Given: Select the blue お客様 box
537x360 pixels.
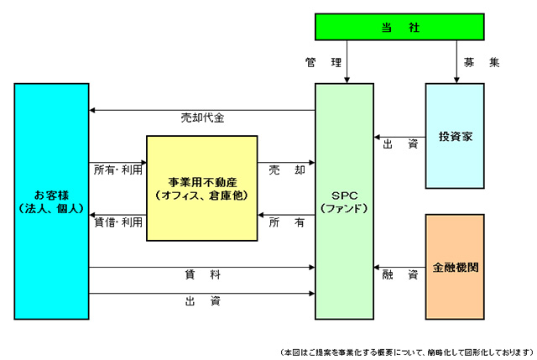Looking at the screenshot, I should pyautogui.click(x=51, y=201).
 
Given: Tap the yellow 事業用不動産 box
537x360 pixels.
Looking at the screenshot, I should pyautogui.click(x=201, y=188).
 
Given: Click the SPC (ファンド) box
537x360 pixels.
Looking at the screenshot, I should pyautogui.click(x=344, y=201).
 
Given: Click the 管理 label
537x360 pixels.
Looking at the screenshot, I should pyautogui.click(x=324, y=62).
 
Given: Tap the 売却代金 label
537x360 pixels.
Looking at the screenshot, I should pyautogui.click(x=202, y=118).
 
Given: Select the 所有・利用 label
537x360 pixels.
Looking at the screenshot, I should pyautogui.click(x=117, y=169).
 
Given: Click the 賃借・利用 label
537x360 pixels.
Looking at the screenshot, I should pyautogui.click(x=117, y=222).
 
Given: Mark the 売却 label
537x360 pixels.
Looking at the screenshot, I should pyautogui.click(x=286, y=169).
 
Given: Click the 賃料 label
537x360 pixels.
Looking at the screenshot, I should pyautogui.click(x=202, y=274).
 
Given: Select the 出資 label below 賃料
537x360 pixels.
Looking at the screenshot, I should pyautogui.click(x=202, y=300).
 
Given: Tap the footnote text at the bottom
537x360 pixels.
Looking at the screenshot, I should pyautogui.click(x=406, y=351).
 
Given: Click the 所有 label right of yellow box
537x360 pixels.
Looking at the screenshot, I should pyautogui.click(x=286, y=222).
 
